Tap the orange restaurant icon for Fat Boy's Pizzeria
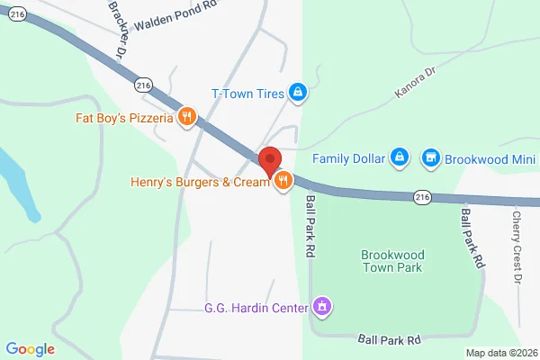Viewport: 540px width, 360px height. (x=188, y=116)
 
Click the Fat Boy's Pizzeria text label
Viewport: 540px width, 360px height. (x=124, y=116)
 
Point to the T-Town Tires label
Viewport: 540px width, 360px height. (x=247, y=93)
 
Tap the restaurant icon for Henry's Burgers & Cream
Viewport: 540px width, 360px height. (x=283, y=181)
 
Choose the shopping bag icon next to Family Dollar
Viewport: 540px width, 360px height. (x=400, y=158)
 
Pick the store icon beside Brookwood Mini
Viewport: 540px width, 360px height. (x=431, y=158)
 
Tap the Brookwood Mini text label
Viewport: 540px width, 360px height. (x=490, y=158)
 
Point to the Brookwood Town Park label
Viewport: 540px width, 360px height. (x=391, y=261)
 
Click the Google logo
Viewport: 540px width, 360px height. (x=30, y=349)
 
